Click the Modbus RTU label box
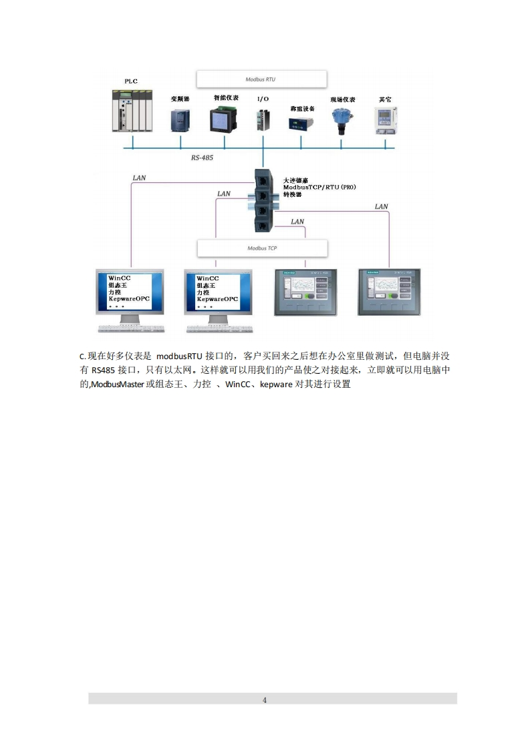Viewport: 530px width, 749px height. pos(261,79)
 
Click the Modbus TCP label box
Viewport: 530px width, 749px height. pos(263,248)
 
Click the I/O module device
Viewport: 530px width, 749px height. pos(263,119)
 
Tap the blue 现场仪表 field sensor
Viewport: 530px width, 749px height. pos(342,119)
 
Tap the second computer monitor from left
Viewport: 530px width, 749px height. pos(217,292)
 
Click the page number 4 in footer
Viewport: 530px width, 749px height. pos(265,700)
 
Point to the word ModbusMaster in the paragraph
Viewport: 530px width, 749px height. pos(118,385)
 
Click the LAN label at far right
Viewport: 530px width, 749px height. pos(381,206)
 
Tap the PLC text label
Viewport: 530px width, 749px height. pos(131,81)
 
